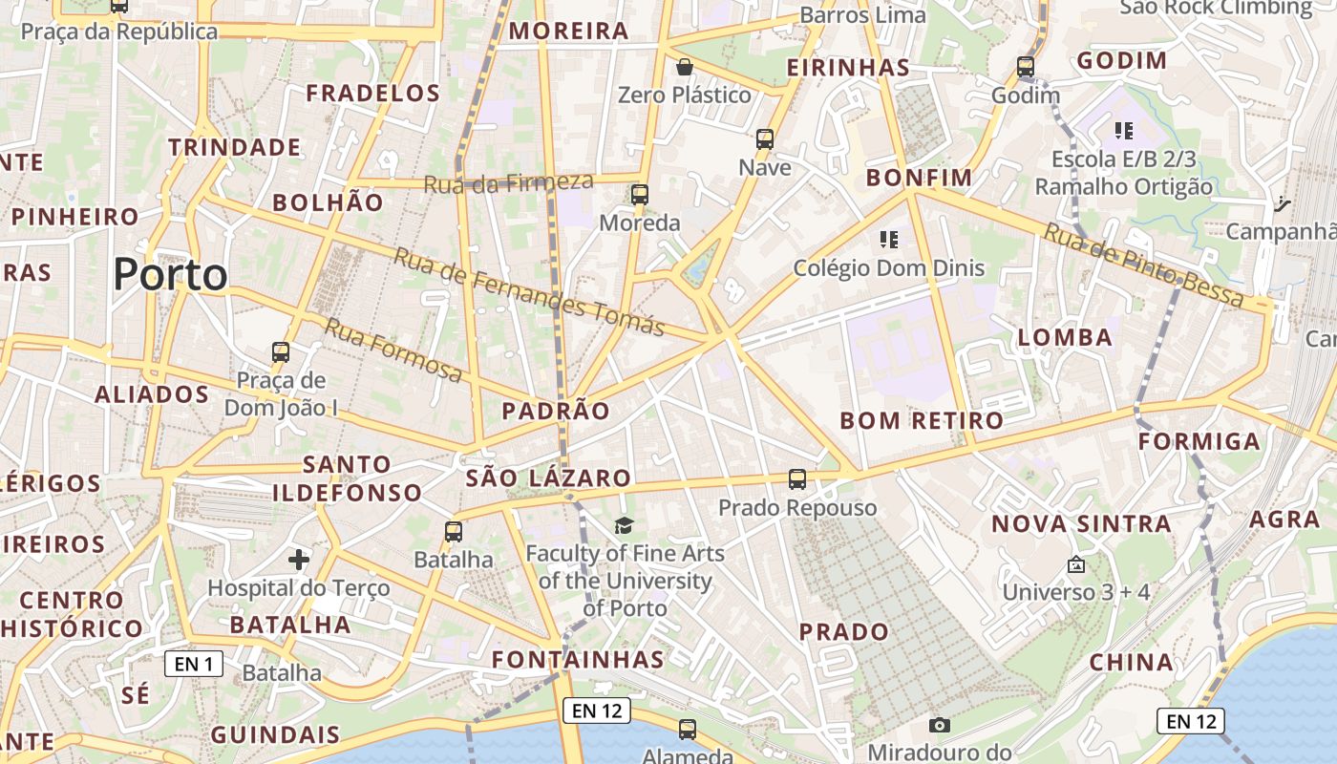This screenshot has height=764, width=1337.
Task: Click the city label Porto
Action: (x=170, y=275)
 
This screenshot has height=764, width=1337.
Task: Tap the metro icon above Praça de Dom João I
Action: (x=281, y=351)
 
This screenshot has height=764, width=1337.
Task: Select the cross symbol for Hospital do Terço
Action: (x=299, y=559)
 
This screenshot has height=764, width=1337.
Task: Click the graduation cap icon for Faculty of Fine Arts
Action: (x=624, y=525)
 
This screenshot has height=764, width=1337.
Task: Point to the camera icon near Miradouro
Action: (x=940, y=725)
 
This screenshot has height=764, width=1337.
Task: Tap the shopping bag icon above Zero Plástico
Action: (x=684, y=67)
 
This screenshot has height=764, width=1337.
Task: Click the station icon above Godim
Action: (x=1026, y=67)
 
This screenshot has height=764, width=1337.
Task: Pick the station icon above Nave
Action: (x=765, y=139)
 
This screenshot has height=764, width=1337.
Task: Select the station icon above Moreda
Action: (x=640, y=195)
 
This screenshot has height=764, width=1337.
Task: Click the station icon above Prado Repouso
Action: (x=797, y=479)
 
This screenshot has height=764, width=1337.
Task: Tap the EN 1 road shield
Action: (x=194, y=664)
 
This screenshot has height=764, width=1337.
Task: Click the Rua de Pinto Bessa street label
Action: (x=1143, y=265)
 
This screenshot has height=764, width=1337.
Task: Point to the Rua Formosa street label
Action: (x=393, y=350)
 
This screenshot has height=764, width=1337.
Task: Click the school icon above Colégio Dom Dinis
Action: (x=889, y=239)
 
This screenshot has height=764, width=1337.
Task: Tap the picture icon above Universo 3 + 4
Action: (x=1076, y=564)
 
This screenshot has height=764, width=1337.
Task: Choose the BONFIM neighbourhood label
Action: (x=919, y=178)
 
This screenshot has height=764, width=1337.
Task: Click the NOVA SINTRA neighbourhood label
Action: (x=1081, y=523)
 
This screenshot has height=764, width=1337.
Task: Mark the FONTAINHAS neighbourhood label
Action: (x=578, y=660)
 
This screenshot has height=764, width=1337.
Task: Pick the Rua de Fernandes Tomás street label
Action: (x=529, y=291)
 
